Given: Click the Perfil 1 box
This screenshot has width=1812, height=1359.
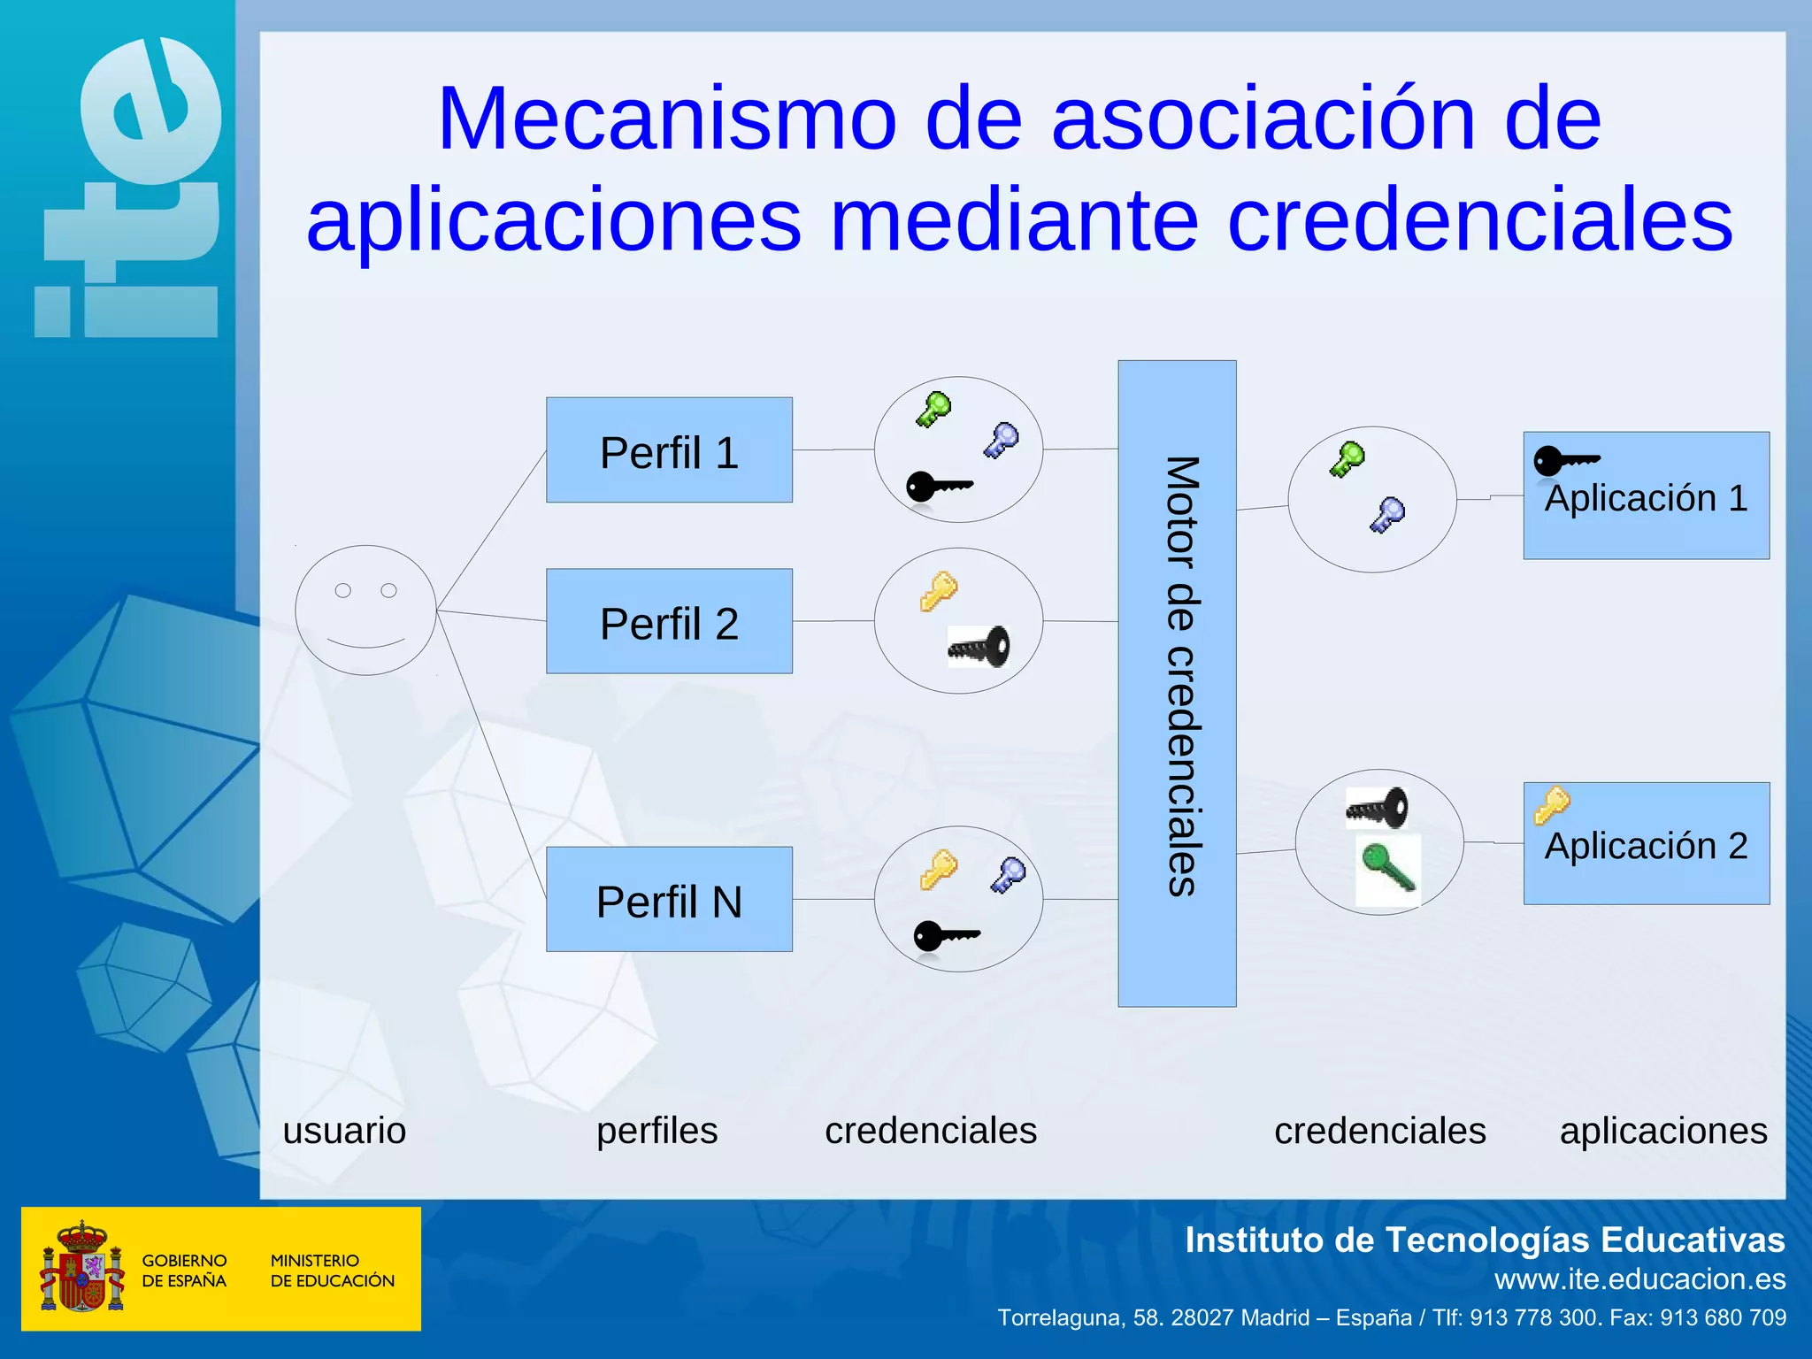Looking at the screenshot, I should click(669, 449).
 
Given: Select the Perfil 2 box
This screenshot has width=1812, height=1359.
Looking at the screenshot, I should click(669, 621).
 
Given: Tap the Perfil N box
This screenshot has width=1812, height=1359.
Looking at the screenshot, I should click(669, 899).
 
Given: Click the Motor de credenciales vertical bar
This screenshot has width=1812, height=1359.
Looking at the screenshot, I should click(1177, 683).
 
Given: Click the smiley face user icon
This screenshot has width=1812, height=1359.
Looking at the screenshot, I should click(365, 610).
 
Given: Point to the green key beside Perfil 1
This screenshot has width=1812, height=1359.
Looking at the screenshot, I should click(933, 409).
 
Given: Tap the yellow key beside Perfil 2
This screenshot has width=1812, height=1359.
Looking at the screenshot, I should click(938, 591).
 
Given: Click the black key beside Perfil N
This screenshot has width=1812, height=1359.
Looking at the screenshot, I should click(945, 935).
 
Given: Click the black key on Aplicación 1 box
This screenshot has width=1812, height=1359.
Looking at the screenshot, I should click(1565, 461).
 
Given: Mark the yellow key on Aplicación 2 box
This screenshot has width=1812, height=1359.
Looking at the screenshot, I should click(1552, 805).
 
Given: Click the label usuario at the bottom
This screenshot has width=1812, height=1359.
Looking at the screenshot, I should click(344, 1131).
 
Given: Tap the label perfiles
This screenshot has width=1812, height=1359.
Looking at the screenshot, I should click(656, 1131).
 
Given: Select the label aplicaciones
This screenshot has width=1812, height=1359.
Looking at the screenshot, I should click(1663, 1131).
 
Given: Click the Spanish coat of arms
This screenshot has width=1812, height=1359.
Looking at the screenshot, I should click(81, 1267).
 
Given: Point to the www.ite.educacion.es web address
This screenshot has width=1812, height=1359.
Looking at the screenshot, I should click(1639, 1279).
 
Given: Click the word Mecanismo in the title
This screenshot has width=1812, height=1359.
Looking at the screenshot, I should click(667, 119).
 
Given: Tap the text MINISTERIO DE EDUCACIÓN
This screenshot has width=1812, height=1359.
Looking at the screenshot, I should click(332, 1271).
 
